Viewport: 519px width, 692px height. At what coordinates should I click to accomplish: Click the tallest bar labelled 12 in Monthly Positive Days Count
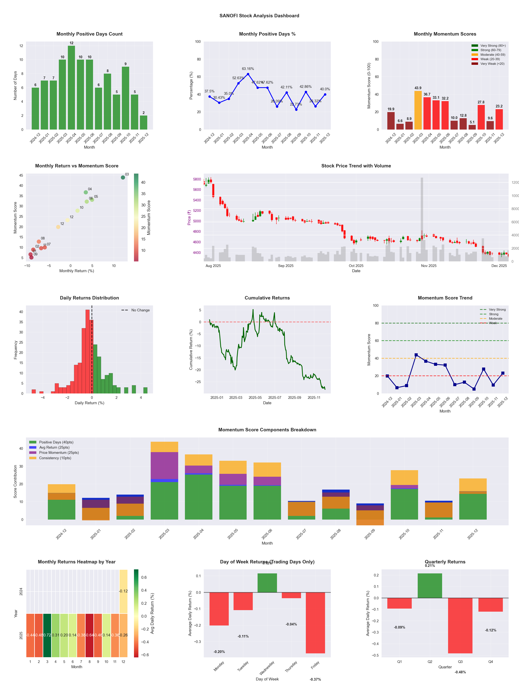pos(71,88)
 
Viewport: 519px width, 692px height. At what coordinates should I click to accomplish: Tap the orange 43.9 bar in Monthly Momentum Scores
pos(418,110)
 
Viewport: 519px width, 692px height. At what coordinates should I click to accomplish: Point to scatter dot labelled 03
pos(123,177)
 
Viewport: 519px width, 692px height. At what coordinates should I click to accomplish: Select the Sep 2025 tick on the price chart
pos(286,266)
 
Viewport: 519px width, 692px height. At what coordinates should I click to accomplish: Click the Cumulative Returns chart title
pos(267,298)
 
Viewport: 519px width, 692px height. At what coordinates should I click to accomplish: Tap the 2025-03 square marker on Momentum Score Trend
pos(416,355)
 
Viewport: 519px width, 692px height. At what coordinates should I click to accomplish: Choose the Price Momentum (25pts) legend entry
pos(59,452)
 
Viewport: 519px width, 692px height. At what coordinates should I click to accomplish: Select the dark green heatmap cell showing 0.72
pos(47,635)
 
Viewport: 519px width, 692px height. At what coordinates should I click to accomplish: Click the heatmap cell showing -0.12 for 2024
pos(123,591)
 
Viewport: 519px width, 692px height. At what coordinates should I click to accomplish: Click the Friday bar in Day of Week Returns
pos(315,623)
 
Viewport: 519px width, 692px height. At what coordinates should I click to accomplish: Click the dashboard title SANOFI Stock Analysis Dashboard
pos(259,16)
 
